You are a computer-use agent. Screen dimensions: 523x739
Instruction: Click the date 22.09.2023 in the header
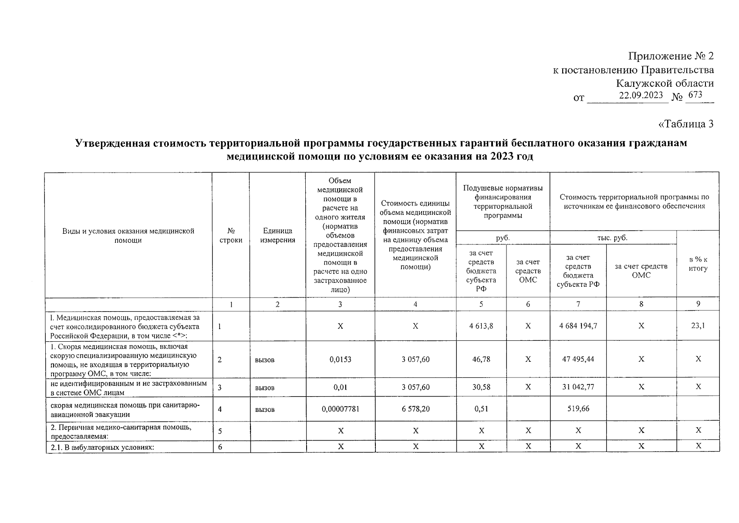[x=641, y=95]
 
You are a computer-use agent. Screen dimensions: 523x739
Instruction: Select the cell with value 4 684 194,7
[x=578, y=326]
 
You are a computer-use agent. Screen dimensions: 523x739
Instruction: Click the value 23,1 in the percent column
[x=698, y=325]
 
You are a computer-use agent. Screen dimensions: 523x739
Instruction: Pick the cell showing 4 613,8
[x=481, y=326]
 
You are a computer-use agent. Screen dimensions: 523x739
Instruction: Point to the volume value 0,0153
[x=340, y=360]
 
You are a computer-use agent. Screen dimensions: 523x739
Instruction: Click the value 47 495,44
[x=578, y=359]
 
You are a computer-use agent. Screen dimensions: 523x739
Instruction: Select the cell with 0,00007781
[x=340, y=409]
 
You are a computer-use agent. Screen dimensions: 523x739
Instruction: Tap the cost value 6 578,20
[x=415, y=409]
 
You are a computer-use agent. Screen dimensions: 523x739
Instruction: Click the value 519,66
[x=578, y=409]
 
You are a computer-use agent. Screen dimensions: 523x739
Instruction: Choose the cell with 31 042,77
[x=578, y=387]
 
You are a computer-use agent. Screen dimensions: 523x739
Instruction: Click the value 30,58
[x=481, y=387]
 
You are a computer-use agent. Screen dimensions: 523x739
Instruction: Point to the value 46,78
[x=481, y=359]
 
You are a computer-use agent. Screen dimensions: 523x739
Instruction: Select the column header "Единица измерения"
[x=277, y=235]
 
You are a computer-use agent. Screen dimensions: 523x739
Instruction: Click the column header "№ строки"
[x=231, y=235]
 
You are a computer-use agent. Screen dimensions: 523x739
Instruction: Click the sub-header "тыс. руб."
[x=612, y=238]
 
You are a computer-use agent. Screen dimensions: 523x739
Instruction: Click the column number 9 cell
[x=698, y=304]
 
